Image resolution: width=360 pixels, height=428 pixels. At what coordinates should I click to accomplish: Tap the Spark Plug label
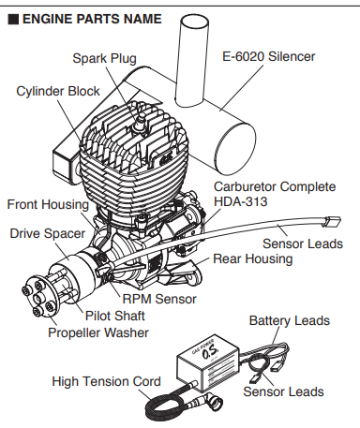104,58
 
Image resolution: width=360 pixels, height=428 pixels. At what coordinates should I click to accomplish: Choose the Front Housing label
48,204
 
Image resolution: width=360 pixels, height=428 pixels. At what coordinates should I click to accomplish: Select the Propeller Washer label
98,332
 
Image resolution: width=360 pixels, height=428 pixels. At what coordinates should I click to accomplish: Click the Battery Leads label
289,320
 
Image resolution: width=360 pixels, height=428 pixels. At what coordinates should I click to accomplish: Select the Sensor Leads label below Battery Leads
283,391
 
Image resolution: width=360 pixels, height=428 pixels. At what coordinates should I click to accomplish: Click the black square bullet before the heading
12,19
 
